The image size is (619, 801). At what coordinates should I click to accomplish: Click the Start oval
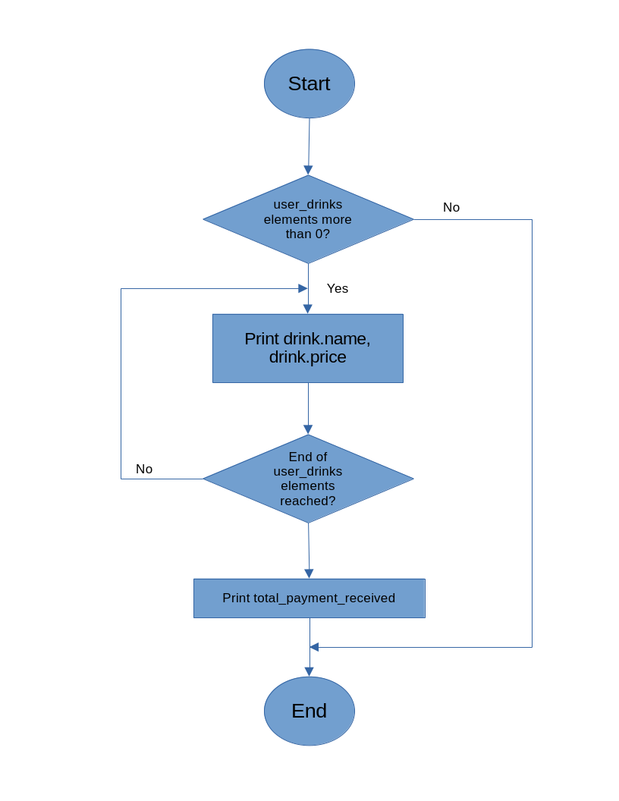click(309, 83)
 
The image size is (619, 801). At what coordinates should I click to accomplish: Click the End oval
click(309, 711)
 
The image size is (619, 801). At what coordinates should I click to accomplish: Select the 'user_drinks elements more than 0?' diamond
click(308, 219)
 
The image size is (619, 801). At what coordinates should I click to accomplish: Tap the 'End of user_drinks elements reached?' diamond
click(308, 479)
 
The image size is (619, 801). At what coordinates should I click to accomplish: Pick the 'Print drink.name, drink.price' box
click(307, 348)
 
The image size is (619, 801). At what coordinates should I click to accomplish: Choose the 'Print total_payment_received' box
click(309, 598)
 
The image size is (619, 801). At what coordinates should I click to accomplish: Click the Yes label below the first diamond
click(338, 288)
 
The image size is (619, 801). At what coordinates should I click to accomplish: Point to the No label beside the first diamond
click(451, 207)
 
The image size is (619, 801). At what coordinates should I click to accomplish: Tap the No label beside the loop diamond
click(144, 469)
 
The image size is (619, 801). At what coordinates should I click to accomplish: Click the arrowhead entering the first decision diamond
click(308, 170)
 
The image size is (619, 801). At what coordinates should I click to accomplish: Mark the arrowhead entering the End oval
click(309, 671)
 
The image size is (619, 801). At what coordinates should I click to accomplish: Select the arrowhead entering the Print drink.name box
click(307, 309)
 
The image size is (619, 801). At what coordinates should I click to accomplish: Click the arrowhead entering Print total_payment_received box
click(309, 573)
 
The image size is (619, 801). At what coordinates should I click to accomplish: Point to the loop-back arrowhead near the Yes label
click(303, 288)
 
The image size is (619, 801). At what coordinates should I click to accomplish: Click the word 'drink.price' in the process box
click(307, 357)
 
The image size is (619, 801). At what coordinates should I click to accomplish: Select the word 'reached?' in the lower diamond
click(307, 501)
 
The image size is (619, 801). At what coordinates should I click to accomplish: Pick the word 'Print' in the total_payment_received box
click(236, 598)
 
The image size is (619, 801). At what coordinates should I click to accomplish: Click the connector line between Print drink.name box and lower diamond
click(308, 408)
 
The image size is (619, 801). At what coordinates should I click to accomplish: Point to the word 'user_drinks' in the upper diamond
click(307, 205)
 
